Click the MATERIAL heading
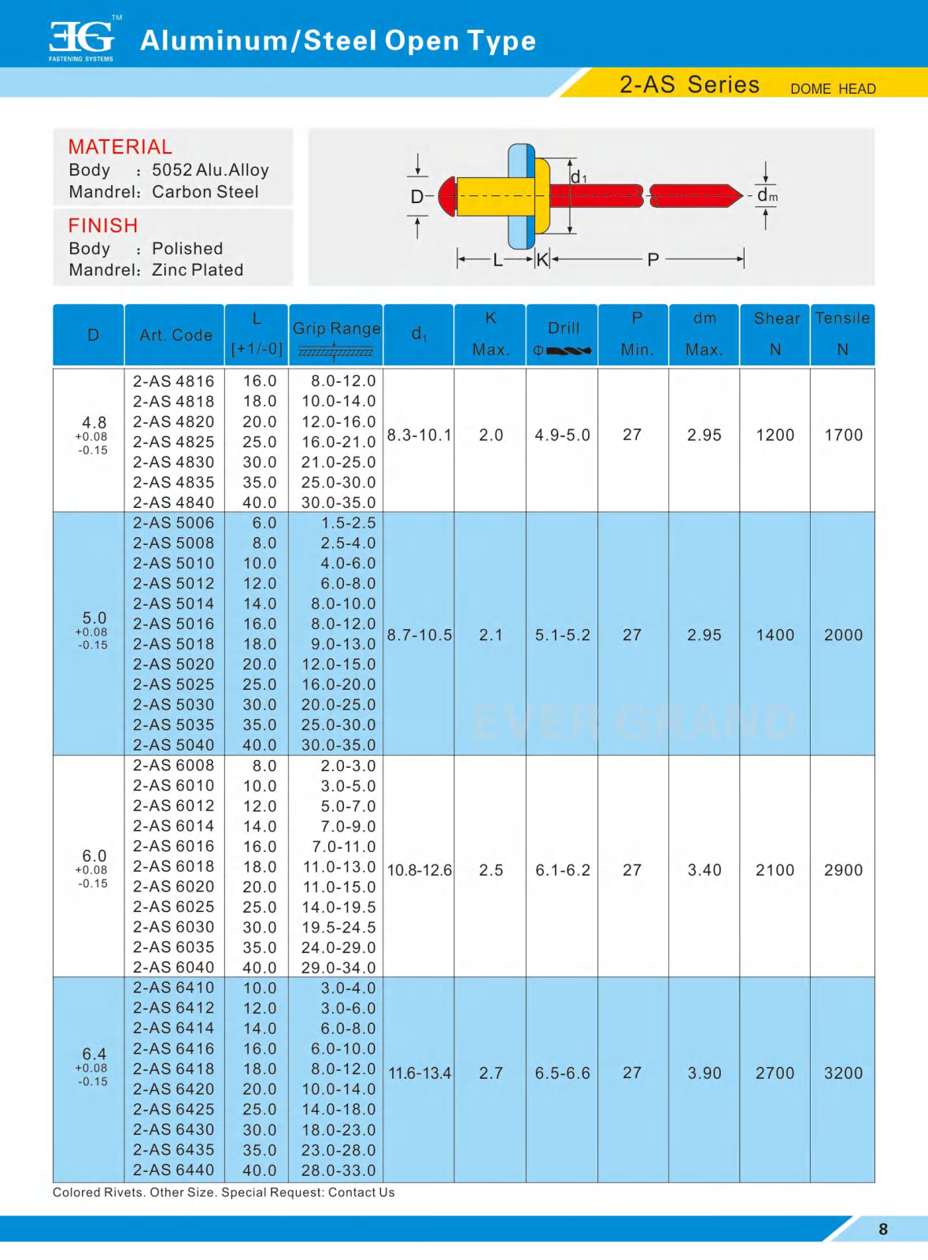pyautogui.click(x=120, y=146)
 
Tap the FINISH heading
pyautogui.click(x=103, y=225)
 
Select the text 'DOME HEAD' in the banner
pyautogui.click(x=833, y=89)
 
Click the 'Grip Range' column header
pyautogui.click(x=336, y=328)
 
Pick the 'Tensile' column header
pyautogui.click(x=842, y=318)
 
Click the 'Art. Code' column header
pyautogui.click(x=176, y=335)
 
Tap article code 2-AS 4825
pyautogui.click(x=173, y=442)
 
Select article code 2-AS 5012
pyautogui.click(x=173, y=584)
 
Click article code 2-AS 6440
pyautogui.click(x=173, y=1170)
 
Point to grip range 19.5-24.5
pyautogui.click(x=338, y=927)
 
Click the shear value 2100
pyautogui.click(x=775, y=870)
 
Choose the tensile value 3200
pyautogui.click(x=843, y=1073)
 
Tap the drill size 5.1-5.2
pyautogui.click(x=563, y=636)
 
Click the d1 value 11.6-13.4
pyautogui.click(x=420, y=1073)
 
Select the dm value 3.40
pyautogui.click(x=704, y=870)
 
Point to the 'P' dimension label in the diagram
pyautogui.click(x=653, y=259)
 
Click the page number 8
pyautogui.click(x=883, y=1229)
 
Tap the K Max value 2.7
pyautogui.click(x=491, y=1073)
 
